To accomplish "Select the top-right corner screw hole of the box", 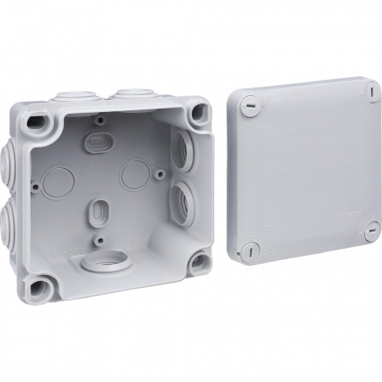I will point(199,112).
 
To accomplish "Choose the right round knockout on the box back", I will point(134,175).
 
